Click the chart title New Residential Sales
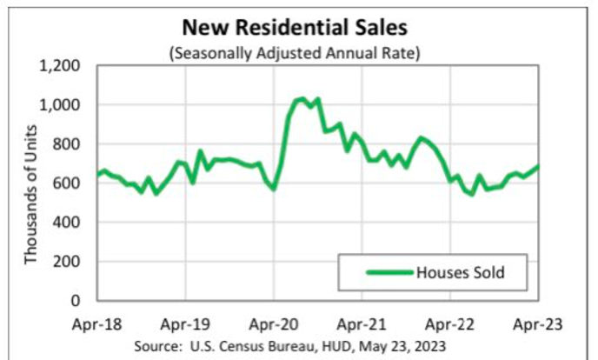(296, 30)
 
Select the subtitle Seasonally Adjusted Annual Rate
(296, 52)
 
